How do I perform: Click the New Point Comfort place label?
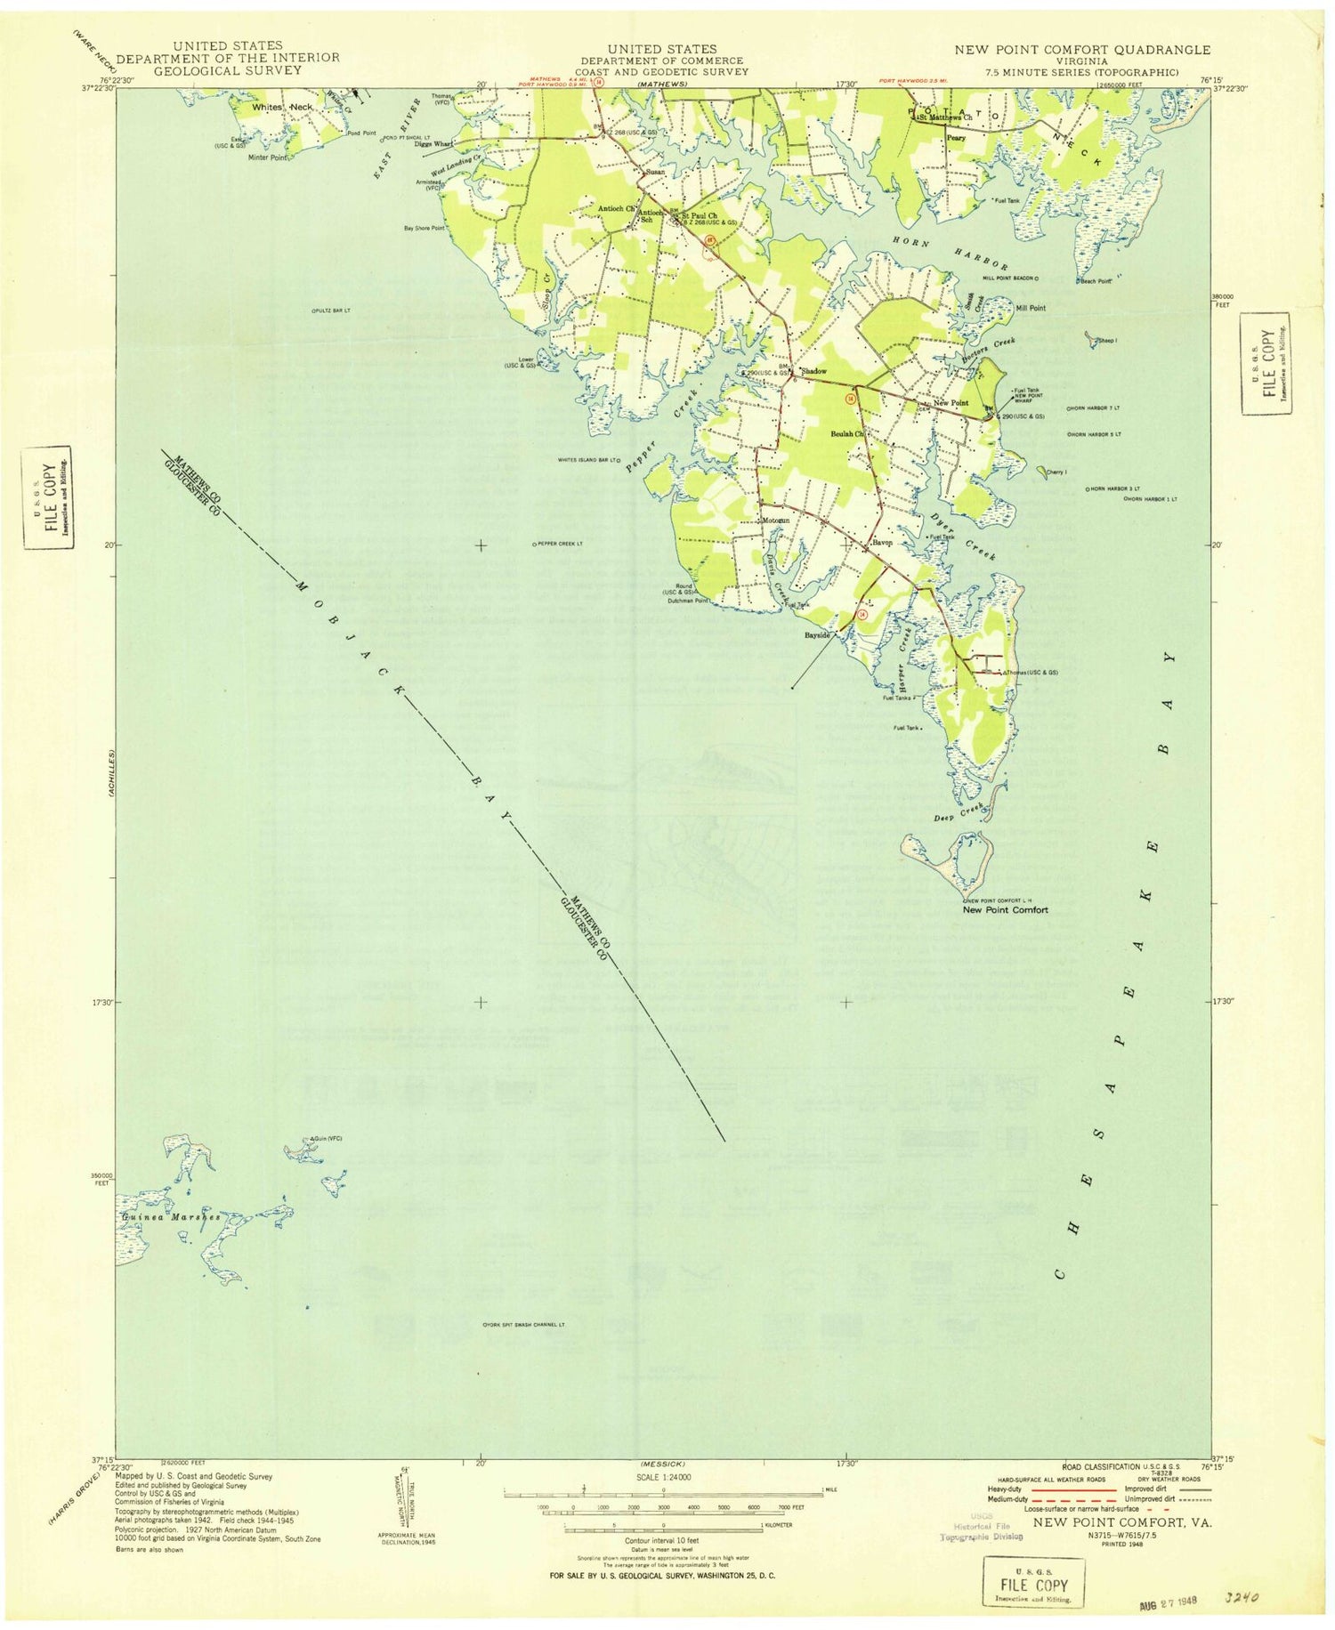pyautogui.click(x=1005, y=909)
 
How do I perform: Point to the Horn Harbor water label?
pyautogui.click(x=950, y=253)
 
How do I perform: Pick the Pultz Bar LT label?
pyautogui.click(x=332, y=311)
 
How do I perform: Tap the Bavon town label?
pyautogui.click(x=881, y=542)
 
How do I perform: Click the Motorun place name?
pyautogui.click(x=775, y=520)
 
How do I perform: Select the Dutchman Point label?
pyautogui.click(x=687, y=601)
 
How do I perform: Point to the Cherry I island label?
pyautogui.click(x=1056, y=472)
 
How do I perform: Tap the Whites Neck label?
pyautogui.click(x=282, y=107)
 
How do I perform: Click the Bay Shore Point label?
pyautogui.click(x=424, y=229)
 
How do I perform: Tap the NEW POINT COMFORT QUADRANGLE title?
pyautogui.click(x=1082, y=50)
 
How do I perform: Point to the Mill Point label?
pyautogui.click(x=1031, y=308)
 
